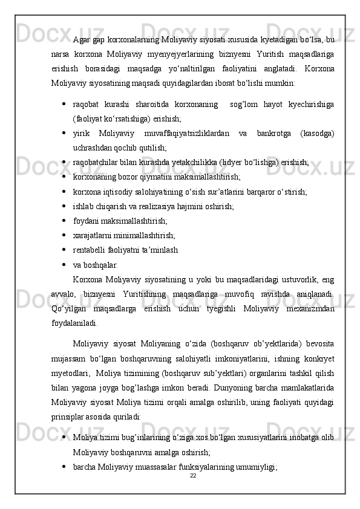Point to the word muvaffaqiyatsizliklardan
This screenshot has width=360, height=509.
click(184, 132)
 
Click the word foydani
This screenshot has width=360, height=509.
click(87, 221)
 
